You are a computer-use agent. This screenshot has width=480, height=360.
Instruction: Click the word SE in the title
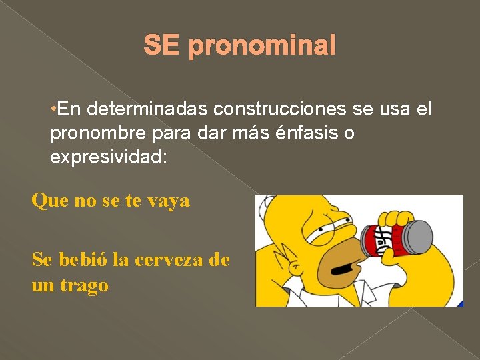(x=162, y=46)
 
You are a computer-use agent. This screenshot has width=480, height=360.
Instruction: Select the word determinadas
(x=135, y=107)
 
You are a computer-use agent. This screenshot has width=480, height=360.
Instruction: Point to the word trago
(x=85, y=286)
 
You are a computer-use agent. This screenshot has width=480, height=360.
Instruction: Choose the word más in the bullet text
(x=253, y=133)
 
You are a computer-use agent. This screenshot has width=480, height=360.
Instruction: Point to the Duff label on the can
(x=384, y=235)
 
